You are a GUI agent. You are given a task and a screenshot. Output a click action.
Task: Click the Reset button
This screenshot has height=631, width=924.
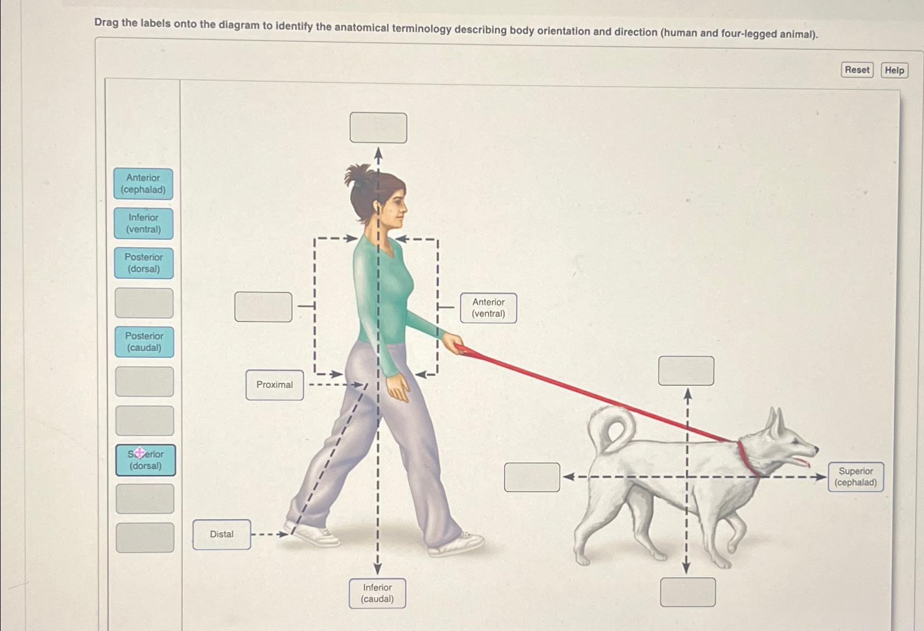[x=856, y=70]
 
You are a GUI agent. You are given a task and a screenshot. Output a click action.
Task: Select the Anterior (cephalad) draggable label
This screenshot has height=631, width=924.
[x=143, y=184]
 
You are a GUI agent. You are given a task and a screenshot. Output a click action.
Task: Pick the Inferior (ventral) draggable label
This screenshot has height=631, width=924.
[x=143, y=223]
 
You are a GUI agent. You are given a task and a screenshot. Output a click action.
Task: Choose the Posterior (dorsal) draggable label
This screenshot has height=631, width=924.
[x=144, y=263]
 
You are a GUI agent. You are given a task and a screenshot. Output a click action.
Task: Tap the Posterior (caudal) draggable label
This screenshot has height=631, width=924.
[x=144, y=342]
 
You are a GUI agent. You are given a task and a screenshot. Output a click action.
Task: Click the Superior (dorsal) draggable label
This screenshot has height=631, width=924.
[x=145, y=460]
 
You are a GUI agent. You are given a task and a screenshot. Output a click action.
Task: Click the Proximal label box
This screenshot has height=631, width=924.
[x=275, y=385]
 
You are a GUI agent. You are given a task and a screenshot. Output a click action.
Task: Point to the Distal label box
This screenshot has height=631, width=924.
[x=222, y=534]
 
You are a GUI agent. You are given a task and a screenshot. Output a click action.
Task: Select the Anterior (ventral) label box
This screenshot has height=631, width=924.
[x=488, y=308]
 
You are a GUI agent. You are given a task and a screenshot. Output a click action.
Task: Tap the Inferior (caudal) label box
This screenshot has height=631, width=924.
[x=377, y=593]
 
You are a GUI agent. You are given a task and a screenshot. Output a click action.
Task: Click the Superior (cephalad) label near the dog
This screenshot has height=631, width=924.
[x=855, y=477]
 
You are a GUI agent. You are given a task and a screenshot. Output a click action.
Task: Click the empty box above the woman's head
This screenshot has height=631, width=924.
[x=378, y=128]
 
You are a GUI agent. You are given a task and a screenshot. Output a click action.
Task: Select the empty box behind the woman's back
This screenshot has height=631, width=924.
[x=264, y=307]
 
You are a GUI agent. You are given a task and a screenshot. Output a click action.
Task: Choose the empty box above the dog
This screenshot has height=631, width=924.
[x=686, y=370]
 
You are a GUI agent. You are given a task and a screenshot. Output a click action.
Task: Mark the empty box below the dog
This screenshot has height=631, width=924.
[x=687, y=592]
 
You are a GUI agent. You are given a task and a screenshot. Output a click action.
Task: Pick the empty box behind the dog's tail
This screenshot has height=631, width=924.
[x=532, y=477]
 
